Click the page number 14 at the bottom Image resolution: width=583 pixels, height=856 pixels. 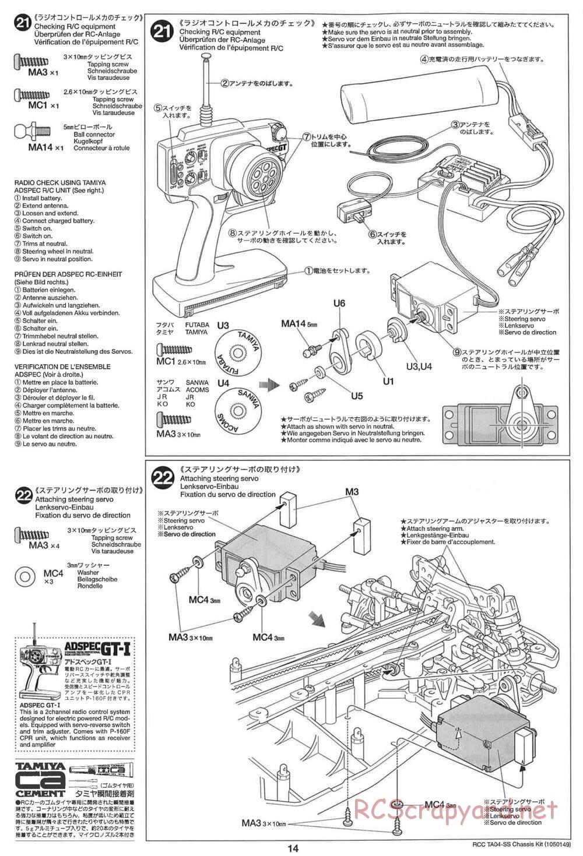coord(294,848)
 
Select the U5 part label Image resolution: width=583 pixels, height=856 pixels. coord(357,396)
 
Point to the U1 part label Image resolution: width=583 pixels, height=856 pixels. coord(388,382)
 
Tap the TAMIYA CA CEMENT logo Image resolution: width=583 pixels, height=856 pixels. coord(40,777)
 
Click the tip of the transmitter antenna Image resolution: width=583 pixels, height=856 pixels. coord(206,56)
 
